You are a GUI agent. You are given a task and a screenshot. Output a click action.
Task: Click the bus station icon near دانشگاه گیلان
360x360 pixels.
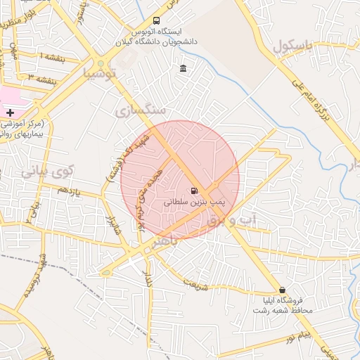155,20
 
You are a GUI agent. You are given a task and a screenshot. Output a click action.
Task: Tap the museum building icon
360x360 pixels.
184,68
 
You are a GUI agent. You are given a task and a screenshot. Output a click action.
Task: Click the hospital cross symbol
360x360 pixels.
10,112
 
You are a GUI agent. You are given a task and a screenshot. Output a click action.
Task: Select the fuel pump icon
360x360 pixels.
193,190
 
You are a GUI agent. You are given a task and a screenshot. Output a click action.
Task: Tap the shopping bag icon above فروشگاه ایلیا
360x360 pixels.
283,290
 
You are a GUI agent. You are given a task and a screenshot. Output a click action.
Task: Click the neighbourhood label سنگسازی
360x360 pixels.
141,110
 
